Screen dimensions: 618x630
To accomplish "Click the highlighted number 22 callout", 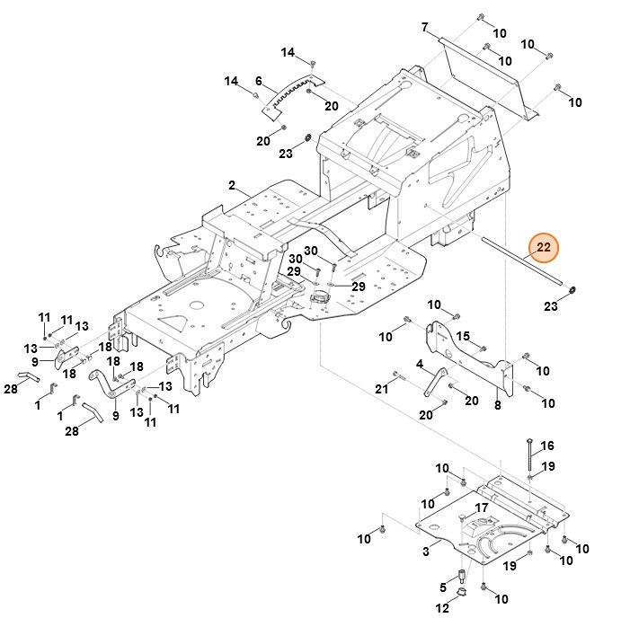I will (x=543, y=247).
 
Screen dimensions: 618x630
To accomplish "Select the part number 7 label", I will (x=424, y=28).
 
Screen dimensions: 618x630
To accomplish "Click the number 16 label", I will (x=547, y=446).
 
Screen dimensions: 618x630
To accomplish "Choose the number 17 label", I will (x=482, y=508).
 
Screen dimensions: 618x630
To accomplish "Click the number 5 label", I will (x=441, y=588).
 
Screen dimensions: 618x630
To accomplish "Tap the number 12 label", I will (x=441, y=609).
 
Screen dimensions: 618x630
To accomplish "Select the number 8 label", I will (x=497, y=405).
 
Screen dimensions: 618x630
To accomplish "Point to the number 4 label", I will (x=420, y=364).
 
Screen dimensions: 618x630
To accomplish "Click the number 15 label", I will (x=464, y=337).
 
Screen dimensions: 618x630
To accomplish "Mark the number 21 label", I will (x=380, y=387).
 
